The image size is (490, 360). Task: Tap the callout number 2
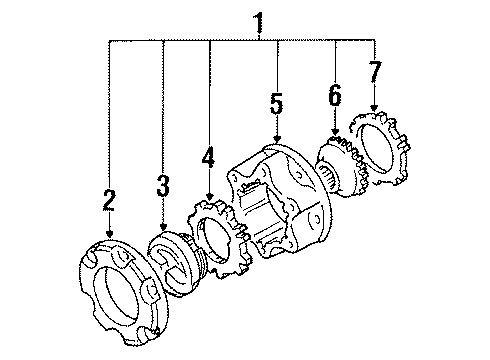tap(109, 200)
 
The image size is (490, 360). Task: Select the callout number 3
tap(163, 185)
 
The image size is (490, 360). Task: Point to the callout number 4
tap(208, 157)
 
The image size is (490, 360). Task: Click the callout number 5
tap(277, 103)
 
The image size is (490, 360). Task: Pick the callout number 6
tap(335, 94)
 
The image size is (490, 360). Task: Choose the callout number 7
tap(375, 71)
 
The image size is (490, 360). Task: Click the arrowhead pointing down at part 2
tap(109, 234)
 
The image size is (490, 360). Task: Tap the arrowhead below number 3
tap(163, 227)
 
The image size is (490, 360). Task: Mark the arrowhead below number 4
tap(209, 197)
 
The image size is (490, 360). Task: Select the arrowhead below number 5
tap(277, 139)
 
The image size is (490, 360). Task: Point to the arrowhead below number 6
tap(335, 131)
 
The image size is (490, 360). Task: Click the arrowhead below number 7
tap(374, 107)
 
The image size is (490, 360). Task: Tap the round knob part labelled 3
tap(173, 263)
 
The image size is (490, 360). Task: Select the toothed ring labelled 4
tap(218, 239)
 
